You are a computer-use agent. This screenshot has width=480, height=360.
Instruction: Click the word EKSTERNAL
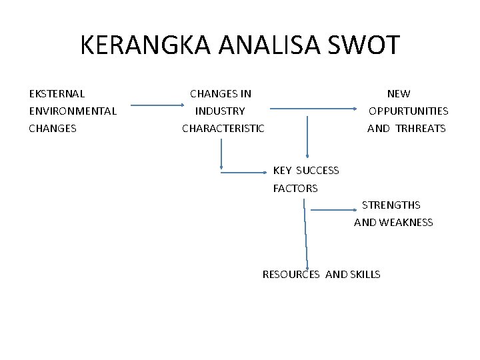(57, 94)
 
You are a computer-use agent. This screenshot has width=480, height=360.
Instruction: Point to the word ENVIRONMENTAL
(73, 111)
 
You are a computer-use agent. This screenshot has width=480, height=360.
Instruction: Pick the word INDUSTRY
(220, 111)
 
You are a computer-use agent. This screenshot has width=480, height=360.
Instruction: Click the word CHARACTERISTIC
(223, 129)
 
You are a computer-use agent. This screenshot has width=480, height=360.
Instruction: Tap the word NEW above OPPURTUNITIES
(399, 94)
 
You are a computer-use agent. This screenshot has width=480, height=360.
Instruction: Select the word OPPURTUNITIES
(409, 111)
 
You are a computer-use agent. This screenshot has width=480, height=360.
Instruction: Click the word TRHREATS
(421, 129)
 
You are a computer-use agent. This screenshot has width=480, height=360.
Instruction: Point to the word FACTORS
(295, 189)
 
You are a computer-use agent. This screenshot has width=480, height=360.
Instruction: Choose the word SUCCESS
(317, 171)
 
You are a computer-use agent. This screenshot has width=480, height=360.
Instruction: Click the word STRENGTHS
(391, 205)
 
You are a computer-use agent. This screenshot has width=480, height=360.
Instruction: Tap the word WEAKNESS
(406, 223)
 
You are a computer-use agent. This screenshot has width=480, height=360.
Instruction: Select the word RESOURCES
(291, 275)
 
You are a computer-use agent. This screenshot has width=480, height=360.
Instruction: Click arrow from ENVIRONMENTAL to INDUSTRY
(159, 105)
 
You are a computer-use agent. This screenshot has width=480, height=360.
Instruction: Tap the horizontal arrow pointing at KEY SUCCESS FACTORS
(243, 173)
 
